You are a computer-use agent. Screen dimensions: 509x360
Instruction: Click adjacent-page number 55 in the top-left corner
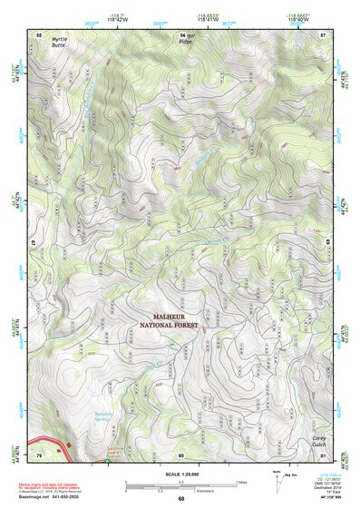tap(39, 34)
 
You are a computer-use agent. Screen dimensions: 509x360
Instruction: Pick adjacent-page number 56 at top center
tap(181, 34)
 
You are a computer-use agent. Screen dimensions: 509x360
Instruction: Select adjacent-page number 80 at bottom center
tap(181, 455)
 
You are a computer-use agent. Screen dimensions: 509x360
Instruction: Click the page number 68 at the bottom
tap(181, 499)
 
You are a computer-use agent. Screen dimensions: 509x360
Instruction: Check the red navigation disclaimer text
tap(54, 488)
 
